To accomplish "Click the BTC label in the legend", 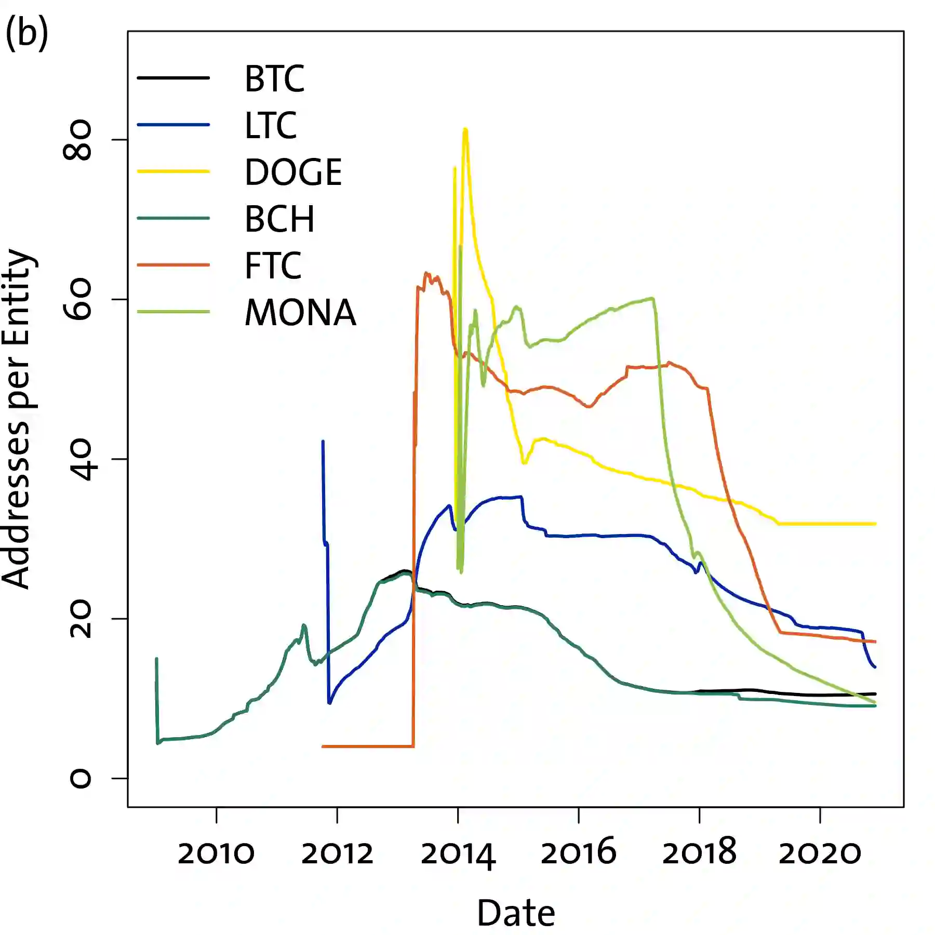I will (x=274, y=79).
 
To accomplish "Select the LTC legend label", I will (x=271, y=126).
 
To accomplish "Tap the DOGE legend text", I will (x=293, y=172).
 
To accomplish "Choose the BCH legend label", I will (x=279, y=219).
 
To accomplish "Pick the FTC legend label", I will (x=273, y=266).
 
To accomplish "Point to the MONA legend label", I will (x=300, y=313).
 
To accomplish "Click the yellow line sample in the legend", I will (x=173, y=171).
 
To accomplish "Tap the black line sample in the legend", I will (x=173, y=78).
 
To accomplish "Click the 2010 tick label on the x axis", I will (x=216, y=853).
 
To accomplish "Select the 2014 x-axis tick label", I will (x=458, y=853).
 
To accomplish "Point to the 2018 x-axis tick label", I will (x=699, y=853).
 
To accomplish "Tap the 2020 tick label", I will (x=820, y=853).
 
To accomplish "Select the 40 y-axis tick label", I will (x=78, y=459).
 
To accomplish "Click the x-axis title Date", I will (x=516, y=914).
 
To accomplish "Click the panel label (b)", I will (x=27, y=32).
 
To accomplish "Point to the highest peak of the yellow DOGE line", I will (x=465, y=129).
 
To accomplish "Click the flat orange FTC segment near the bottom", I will (x=368, y=746).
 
